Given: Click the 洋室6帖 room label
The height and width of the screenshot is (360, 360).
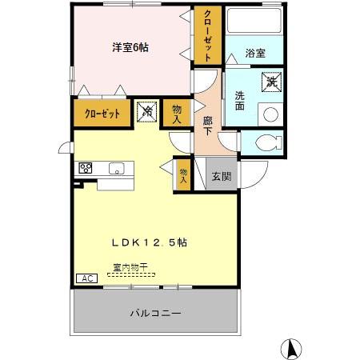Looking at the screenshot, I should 130,47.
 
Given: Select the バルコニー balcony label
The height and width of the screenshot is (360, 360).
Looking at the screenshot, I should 155,313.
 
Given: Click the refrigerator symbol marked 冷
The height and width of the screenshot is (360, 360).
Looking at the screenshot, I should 146,112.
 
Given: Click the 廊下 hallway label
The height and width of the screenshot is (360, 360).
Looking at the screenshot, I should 207,125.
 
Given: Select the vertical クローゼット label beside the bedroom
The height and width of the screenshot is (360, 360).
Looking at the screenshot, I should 208,35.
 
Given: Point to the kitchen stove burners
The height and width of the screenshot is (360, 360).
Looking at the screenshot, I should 86,168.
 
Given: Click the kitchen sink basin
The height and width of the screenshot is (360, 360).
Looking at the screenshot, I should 117,168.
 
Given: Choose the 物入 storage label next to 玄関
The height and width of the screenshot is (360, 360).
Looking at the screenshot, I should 183,174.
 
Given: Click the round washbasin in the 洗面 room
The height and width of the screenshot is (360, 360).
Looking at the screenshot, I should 270,114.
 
